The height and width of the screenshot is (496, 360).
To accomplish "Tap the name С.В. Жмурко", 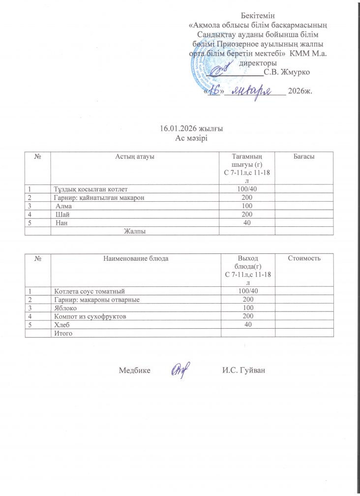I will (x=286, y=73).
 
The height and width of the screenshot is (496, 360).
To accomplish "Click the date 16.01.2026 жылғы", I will (x=192, y=129).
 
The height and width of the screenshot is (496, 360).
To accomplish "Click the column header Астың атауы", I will (x=135, y=156).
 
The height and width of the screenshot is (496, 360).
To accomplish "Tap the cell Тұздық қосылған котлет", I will (x=93, y=188).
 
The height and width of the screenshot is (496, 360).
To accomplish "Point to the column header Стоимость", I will (x=303, y=257).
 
